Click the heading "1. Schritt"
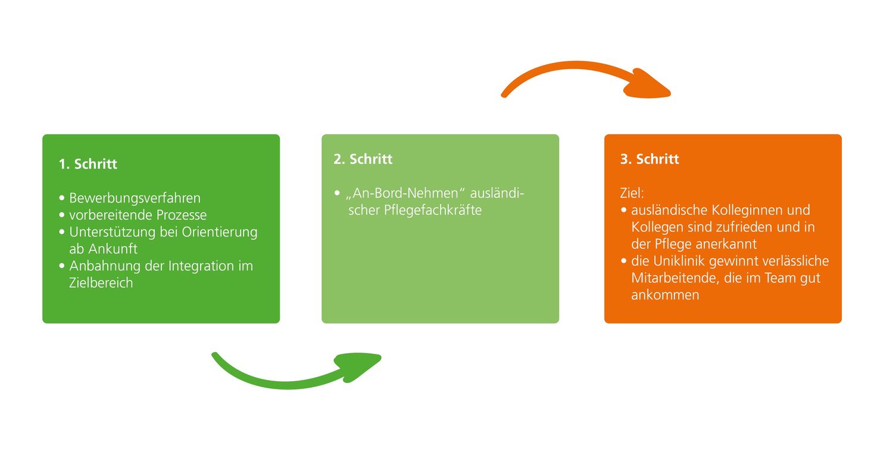(x=88, y=164)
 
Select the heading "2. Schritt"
(x=363, y=159)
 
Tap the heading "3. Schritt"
(x=650, y=159)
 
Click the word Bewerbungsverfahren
(x=135, y=198)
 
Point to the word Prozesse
(x=182, y=215)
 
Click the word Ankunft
(x=113, y=249)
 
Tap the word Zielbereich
(x=101, y=283)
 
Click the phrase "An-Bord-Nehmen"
(x=405, y=193)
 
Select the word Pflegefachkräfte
(x=433, y=210)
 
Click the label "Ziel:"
(x=632, y=193)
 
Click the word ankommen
(x=665, y=295)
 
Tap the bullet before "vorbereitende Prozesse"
(x=62, y=215)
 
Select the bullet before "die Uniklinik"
(x=624, y=261)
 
